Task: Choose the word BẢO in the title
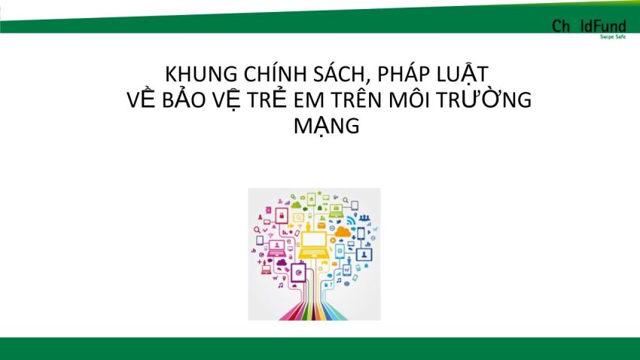point(183,99)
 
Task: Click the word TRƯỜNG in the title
point(484,99)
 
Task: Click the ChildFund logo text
point(589,26)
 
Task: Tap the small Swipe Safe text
point(613,37)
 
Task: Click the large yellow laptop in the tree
point(313,246)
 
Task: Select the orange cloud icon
point(343,232)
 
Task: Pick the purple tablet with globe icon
point(298,273)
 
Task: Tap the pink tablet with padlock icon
point(282,215)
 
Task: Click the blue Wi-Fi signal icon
point(351,221)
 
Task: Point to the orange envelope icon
point(322,225)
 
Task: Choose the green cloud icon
point(297,203)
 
